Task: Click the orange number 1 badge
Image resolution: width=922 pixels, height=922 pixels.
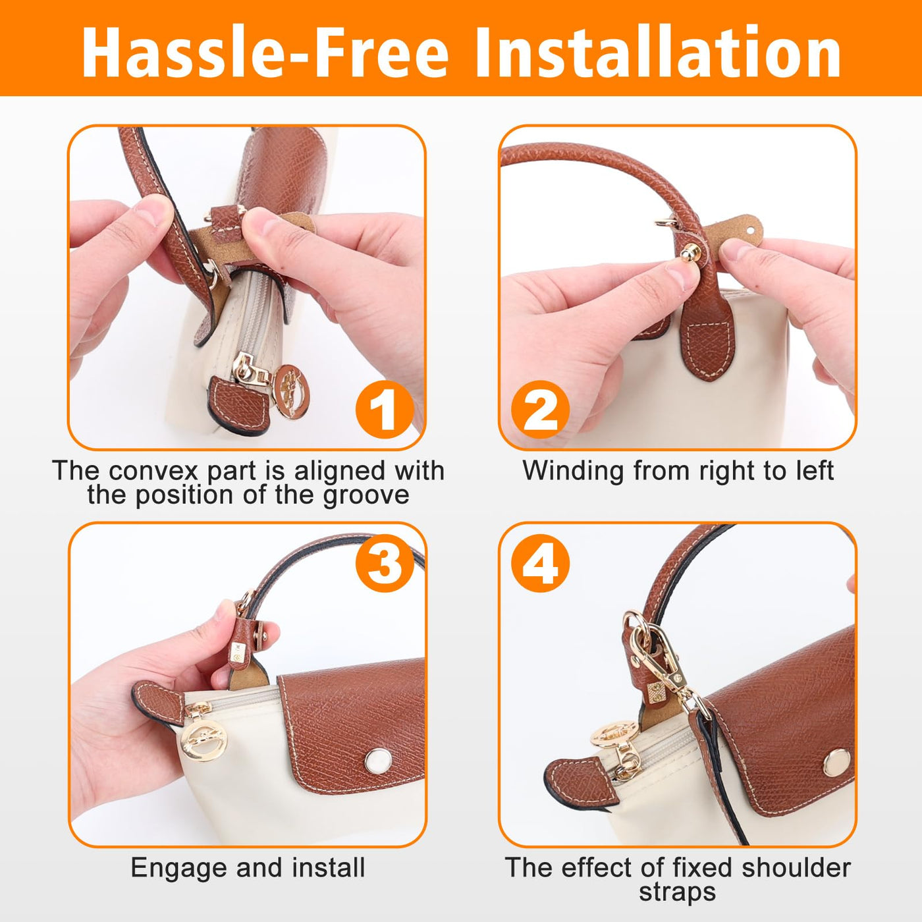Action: (384, 410)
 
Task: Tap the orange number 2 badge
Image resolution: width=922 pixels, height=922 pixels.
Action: (540, 410)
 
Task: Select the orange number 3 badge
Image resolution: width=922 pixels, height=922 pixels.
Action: (384, 563)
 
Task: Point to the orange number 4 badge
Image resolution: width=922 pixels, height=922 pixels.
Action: (540, 563)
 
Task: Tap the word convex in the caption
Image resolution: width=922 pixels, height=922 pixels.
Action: (153, 471)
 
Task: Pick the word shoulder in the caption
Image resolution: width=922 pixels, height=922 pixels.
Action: (796, 867)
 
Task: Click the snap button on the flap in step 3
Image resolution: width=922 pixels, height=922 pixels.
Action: (378, 761)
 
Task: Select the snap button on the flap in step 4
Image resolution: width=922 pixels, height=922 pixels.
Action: (837, 763)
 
